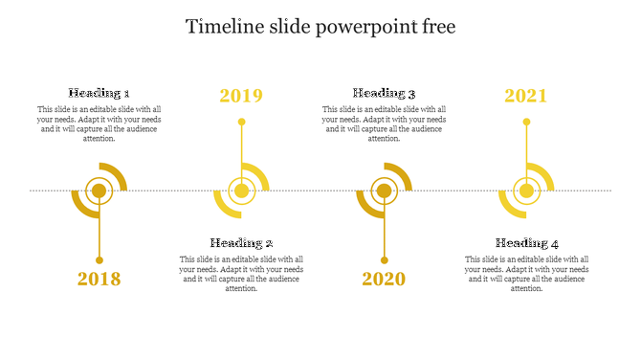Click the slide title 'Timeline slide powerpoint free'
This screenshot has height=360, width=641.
coord(320,27)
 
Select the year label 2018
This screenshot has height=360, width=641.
coord(99,280)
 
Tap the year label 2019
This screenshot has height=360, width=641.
coord(241,96)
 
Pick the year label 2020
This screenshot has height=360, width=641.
coord(384,280)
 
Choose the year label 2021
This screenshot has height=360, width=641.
coord(526,96)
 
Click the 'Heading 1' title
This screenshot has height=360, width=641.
coord(99,94)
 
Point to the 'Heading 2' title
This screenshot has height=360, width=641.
coord(242,243)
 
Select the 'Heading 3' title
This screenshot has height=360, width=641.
coord(384,94)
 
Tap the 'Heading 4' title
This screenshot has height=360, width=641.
coord(527,243)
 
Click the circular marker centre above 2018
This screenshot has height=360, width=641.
coord(99,191)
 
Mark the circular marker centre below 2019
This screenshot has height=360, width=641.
coord(242,191)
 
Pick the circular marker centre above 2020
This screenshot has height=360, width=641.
coord(384,191)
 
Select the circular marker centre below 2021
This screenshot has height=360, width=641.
coord(526,191)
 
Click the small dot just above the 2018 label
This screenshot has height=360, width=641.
coord(99,260)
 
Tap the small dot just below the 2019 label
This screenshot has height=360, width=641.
coord(242,122)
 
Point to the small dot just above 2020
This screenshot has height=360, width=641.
coord(384,260)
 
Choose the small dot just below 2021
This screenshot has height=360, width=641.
coord(526,122)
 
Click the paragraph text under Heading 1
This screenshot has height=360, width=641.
coord(99,124)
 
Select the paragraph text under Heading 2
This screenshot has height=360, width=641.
coord(242,274)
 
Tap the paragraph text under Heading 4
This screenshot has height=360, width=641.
coord(527,274)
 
